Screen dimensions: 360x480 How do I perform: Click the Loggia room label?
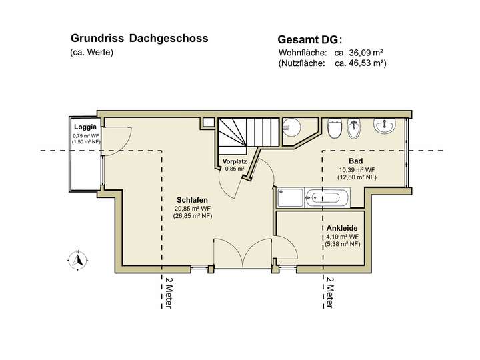tap(85, 127)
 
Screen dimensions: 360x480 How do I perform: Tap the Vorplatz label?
tap(235, 161)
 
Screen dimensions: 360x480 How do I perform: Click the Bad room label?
tap(355, 161)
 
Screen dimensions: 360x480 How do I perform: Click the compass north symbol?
tap(78, 259)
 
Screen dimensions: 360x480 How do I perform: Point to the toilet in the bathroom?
tap(335, 128)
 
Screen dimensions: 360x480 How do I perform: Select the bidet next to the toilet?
tap(355, 128)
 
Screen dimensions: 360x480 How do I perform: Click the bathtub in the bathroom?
tap(328, 197)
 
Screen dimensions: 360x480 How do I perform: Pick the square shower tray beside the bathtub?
tap(290, 197)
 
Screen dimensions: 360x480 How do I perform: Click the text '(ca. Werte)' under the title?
tap(91, 53)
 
